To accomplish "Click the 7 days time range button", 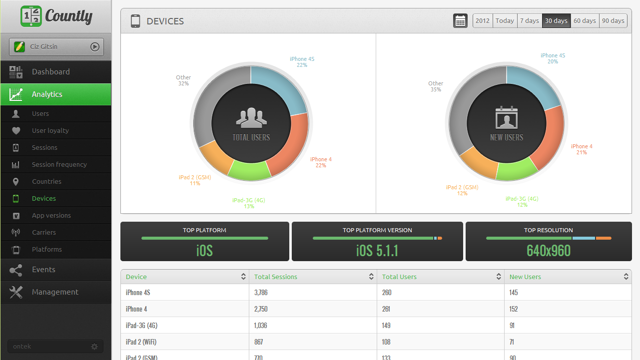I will (x=529, y=21).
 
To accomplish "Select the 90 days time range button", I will (x=613, y=21).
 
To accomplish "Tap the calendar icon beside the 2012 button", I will (x=460, y=21).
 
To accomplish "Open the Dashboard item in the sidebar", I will (x=50, y=72).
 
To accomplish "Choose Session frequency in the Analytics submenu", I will (x=59, y=165).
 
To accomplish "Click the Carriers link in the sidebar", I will (x=44, y=233).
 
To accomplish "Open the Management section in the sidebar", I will (x=55, y=292).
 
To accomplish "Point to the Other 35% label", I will (x=435, y=86).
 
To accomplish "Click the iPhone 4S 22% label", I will (x=302, y=62).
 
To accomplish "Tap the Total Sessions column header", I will (x=276, y=277).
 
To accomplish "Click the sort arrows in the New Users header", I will (x=626, y=277).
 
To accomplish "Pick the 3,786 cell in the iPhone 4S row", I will (x=261, y=293).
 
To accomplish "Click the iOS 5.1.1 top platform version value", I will (x=377, y=250).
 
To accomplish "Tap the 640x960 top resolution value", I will (x=549, y=250).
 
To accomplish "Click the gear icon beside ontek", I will (x=94, y=347).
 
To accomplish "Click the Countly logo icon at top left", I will (x=31, y=16).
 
